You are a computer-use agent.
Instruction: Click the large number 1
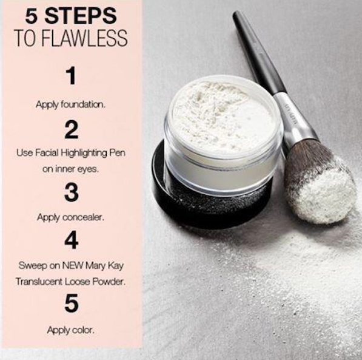point(71,77)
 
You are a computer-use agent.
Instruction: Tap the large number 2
point(71,129)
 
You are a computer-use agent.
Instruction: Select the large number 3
point(71,192)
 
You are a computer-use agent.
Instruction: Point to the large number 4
point(71,241)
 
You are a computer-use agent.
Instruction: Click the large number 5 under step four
point(71,304)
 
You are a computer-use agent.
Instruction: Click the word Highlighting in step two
point(84,154)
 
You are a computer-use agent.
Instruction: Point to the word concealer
point(84,217)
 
